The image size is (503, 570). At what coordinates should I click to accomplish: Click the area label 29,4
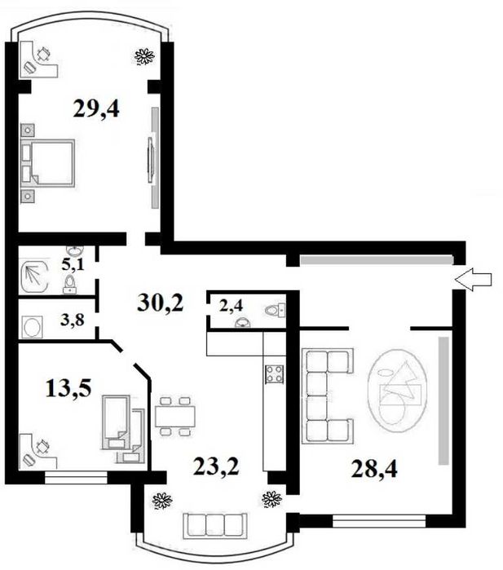pos(96,108)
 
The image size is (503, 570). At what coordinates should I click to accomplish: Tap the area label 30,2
pos(161,303)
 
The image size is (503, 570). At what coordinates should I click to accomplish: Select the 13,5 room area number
pos(68,388)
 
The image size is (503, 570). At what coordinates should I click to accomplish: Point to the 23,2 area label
pos(216,466)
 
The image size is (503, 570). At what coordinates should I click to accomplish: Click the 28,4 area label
pos(374,469)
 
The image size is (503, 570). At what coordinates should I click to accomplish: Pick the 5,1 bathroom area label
pos(73,264)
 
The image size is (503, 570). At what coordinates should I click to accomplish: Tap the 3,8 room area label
pos(73,320)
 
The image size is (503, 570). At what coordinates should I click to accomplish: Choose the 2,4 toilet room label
pos(232,306)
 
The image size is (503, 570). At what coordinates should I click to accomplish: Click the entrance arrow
pos(473,279)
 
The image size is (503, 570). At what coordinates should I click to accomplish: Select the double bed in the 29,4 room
pos(47,163)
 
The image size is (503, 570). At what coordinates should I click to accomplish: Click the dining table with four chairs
pos(175,416)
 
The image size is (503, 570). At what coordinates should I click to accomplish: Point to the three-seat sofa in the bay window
pos(215,525)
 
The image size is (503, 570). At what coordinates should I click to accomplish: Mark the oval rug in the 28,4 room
pos(397,391)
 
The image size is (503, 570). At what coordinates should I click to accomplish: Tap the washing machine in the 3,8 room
pos(33,327)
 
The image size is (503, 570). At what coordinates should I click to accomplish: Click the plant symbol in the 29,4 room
pos(144,57)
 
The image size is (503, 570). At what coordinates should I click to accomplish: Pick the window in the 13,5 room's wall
pos(76,478)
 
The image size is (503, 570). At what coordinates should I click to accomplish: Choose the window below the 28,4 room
pos(379,521)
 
